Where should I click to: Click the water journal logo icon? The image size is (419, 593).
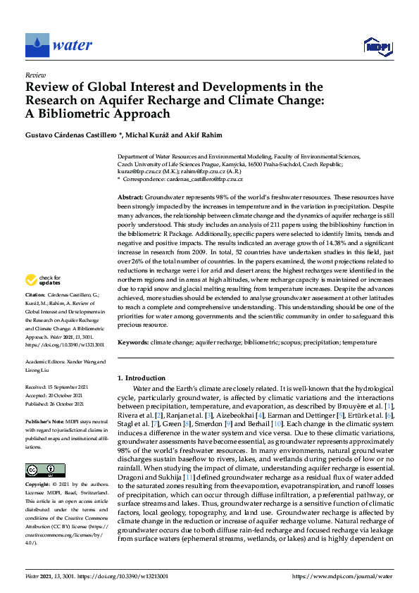(36, 45)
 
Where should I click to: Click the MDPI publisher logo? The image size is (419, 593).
(378, 46)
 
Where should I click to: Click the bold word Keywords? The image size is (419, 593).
(133, 341)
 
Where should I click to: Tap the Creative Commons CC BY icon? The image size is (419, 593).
(45, 451)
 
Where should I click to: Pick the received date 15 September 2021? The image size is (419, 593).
(69, 387)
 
